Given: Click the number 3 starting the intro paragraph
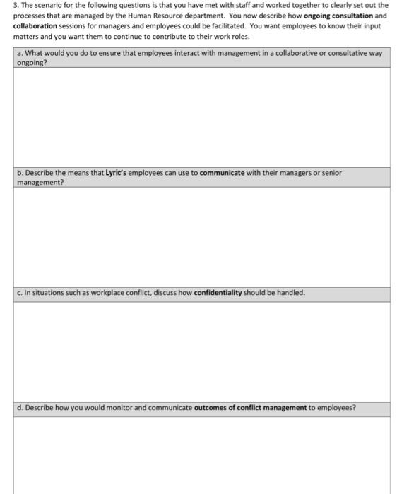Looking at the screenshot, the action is tap(16, 4).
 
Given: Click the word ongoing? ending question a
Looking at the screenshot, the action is tap(31, 62).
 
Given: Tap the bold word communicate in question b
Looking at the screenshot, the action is tap(222, 173).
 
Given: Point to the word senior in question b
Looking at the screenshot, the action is tap(330, 173).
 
